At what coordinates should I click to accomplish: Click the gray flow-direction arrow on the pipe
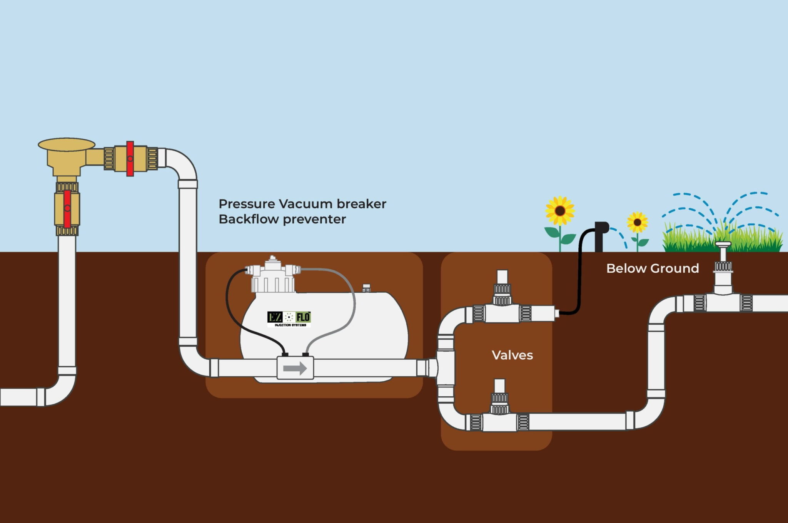295,369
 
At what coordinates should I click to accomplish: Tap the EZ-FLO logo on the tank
289,319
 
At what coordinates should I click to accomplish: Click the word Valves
512,355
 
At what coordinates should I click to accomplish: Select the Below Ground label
653,268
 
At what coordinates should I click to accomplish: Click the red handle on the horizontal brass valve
130,159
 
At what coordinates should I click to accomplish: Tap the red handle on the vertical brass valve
67,208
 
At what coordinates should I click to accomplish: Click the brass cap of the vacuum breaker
67,144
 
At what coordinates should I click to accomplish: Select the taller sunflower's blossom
560,211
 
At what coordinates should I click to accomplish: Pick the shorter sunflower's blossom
637,222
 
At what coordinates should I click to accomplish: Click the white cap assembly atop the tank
273,275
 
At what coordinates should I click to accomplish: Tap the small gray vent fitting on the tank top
366,288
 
